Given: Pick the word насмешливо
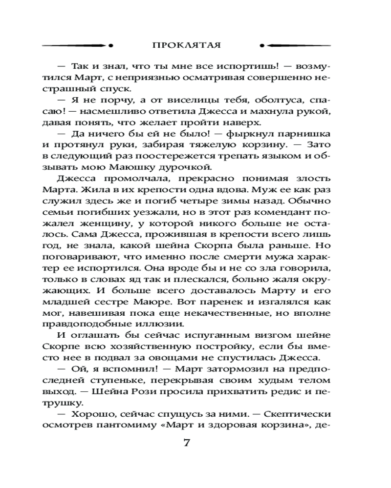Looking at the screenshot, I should pos(112,111).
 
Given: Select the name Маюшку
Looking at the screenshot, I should pos(162,167).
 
